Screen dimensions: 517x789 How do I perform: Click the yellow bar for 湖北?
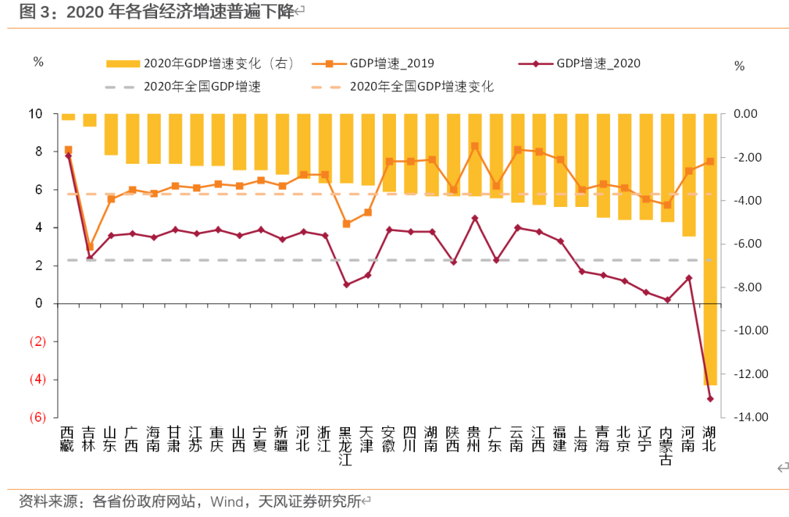pos(709,249)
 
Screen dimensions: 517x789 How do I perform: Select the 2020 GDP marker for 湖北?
pos(709,399)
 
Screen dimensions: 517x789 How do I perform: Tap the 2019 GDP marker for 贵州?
pos(474,146)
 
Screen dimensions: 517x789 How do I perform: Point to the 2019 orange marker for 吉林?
pos(90,247)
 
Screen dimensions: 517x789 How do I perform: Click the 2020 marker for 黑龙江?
pos(346,284)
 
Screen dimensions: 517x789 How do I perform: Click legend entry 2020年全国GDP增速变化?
pos(421,86)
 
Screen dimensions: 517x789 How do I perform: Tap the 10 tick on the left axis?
pos(36,114)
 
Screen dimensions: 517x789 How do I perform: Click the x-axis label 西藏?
pos(67,439)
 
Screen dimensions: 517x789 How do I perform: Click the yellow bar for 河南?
pos(688,175)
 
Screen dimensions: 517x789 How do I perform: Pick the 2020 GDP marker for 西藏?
pos(68,156)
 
